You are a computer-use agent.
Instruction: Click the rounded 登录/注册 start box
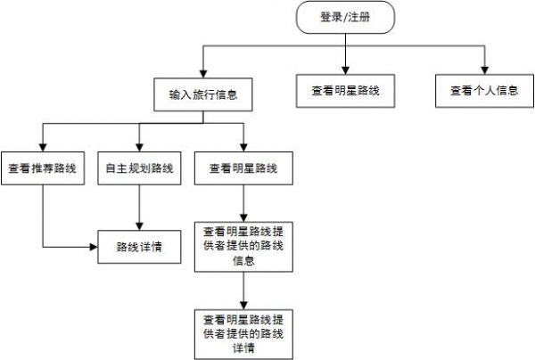point(344,18)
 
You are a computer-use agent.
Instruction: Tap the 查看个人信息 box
point(484,91)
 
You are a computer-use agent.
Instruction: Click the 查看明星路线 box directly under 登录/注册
point(344,91)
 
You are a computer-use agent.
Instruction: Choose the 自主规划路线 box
point(138,168)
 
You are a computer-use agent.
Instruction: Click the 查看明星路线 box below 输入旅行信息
point(243,168)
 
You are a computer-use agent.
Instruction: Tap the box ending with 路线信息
point(243,245)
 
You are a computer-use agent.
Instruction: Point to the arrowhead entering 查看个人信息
point(484,70)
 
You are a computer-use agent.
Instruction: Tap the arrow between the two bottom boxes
point(243,289)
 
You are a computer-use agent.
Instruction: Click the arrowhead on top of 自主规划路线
point(138,148)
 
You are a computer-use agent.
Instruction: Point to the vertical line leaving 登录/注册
point(344,40)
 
